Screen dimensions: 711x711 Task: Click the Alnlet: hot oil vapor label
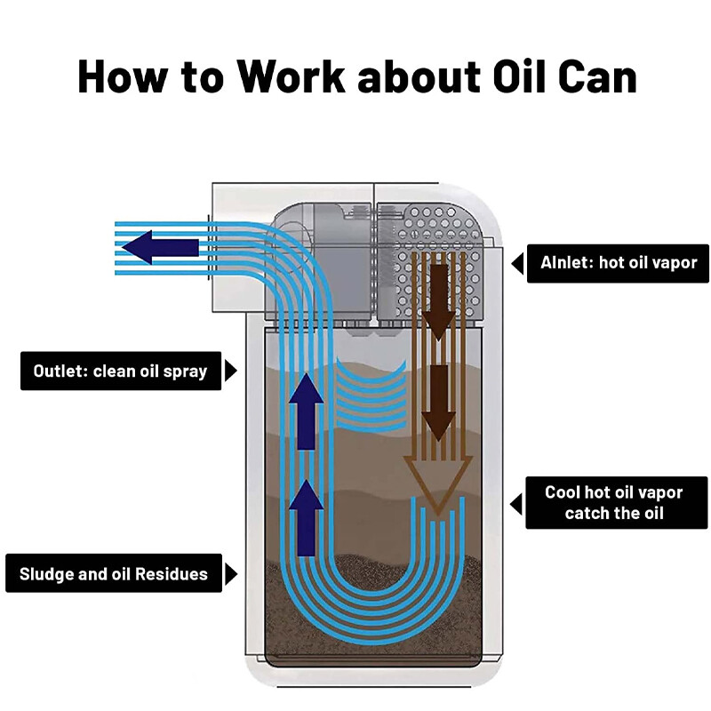pyautogui.click(x=618, y=263)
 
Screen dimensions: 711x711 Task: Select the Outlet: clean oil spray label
pyautogui.click(x=121, y=371)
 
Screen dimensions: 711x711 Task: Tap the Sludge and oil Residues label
pyautogui.click(x=114, y=573)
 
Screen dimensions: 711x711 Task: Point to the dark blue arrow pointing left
pyautogui.click(x=160, y=248)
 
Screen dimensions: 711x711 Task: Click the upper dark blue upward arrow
pyautogui.click(x=307, y=411)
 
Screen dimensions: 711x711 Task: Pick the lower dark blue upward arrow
pyautogui.click(x=307, y=518)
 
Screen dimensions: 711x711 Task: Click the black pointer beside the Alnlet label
pyautogui.click(x=518, y=263)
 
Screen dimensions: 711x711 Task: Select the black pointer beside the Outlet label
pyautogui.click(x=231, y=371)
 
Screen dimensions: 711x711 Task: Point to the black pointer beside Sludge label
pyautogui.click(x=231, y=573)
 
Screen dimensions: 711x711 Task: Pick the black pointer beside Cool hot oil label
pyautogui.click(x=516, y=504)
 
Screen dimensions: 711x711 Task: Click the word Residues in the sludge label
pyautogui.click(x=171, y=574)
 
